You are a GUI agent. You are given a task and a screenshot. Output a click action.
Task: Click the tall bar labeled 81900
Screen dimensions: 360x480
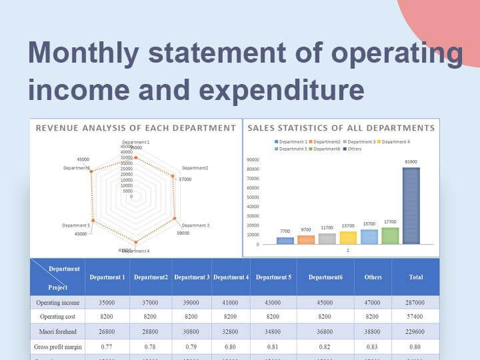(x=411, y=205)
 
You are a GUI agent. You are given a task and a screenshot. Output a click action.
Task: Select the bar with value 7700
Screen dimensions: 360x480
(x=285, y=241)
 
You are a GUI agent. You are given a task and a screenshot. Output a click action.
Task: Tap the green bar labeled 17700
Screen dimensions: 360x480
(x=390, y=235)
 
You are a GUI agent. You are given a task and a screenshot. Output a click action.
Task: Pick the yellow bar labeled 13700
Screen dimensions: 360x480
(x=348, y=237)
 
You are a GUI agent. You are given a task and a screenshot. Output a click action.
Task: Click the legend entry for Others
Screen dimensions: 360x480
(x=351, y=149)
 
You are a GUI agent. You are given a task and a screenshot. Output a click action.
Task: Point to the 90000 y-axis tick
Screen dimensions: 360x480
(x=253, y=160)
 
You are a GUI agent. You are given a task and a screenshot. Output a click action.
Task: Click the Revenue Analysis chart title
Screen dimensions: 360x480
(x=136, y=127)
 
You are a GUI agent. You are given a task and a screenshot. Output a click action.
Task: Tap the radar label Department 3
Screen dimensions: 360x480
(x=195, y=225)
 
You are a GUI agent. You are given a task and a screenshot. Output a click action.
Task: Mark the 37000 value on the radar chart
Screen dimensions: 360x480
(x=185, y=179)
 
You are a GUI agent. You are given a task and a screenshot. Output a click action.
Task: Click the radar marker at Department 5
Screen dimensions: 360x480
(x=93, y=220)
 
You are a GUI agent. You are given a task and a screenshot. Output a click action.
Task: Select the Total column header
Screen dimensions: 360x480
(x=415, y=277)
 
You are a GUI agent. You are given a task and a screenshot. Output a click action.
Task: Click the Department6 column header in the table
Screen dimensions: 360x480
(x=325, y=277)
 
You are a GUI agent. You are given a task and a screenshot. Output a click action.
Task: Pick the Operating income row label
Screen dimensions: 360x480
(x=57, y=303)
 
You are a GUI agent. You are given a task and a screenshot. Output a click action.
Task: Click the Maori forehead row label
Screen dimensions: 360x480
(x=57, y=332)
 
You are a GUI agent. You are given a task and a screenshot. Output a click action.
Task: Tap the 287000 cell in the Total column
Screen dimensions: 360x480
(x=415, y=303)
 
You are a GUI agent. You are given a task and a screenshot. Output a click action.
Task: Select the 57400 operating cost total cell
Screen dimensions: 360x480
(x=415, y=317)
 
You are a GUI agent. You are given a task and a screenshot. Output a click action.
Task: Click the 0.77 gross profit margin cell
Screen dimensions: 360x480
(x=107, y=347)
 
